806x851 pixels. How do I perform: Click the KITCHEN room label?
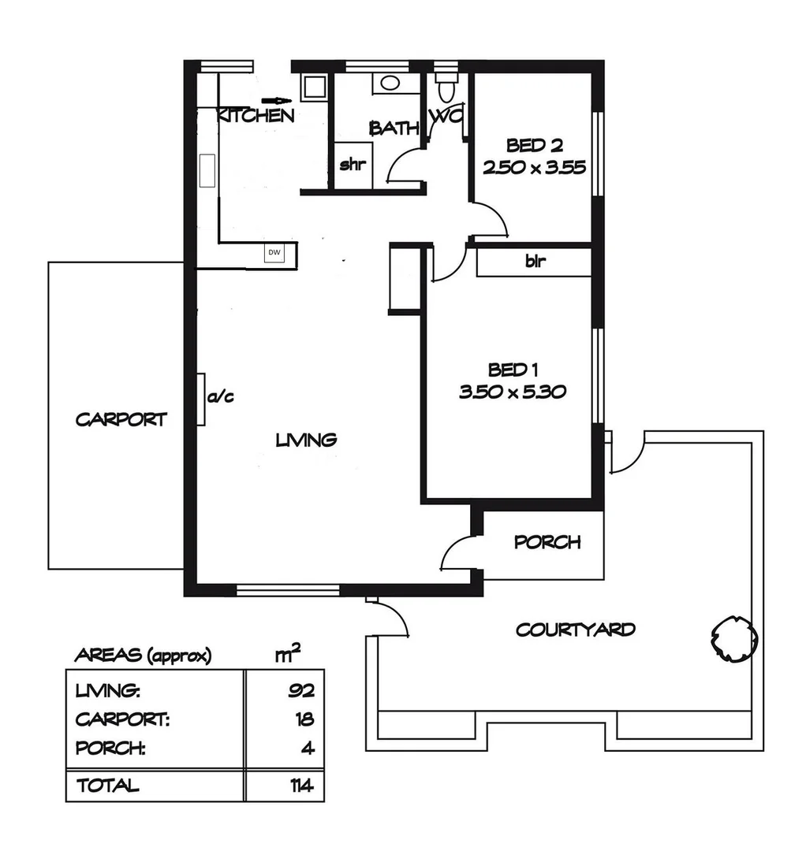pyautogui.click(x=256, y=117)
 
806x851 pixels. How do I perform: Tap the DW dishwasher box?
pyautogui.click(x=274, y=253)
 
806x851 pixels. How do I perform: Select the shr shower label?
pyautogui.click(x=351, y=165)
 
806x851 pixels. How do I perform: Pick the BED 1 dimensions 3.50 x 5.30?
pyautogui.click(x=513, y=392)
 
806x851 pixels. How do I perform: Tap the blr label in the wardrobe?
pyautogui.click(x=534, y=262)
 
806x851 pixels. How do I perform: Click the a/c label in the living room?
pyautogui.click(x=221, y=397)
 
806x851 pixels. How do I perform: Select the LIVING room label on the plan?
pyautogui.click(x=306, y=440)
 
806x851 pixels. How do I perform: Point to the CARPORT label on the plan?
pyautogui.click(x=121, y=419)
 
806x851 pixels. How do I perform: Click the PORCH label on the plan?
pyautogui.click(x=547, y=542)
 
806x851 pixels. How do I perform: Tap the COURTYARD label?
pyautogui.click(x=576, y=630)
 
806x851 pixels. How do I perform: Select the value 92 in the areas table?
pyautogui.click(x=301, y=692)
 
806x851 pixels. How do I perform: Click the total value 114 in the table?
pyautogui.click(x=300, y=786)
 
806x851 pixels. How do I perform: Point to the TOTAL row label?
pyautogui.click(x=107, y=786)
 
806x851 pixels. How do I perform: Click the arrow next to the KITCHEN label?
pyautogui.click(x=277, y=100)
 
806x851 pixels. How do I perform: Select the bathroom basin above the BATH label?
pyautogui.click(x=388, y=82)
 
